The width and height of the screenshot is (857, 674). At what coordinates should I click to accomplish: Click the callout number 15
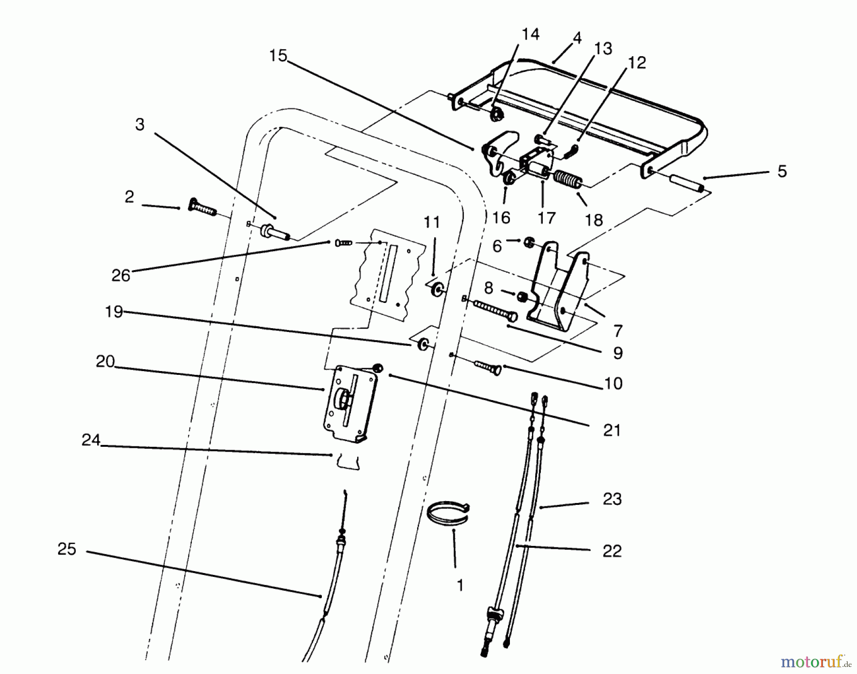point(278,56)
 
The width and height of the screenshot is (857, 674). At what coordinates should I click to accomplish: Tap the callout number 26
point(120,275)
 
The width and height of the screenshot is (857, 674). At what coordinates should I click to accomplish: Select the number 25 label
point(67,549)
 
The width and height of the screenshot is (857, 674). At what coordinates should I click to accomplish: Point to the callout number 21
point(612,431)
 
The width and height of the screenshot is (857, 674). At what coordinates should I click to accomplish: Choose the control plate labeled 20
point(350,403)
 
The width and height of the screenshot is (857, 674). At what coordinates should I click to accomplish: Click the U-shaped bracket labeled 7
point(559,291)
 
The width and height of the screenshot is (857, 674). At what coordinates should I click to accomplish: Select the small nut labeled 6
point(528,243)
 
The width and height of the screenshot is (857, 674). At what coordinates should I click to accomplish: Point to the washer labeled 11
point(437,290)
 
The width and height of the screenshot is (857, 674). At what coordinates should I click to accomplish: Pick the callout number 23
point(612,499)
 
